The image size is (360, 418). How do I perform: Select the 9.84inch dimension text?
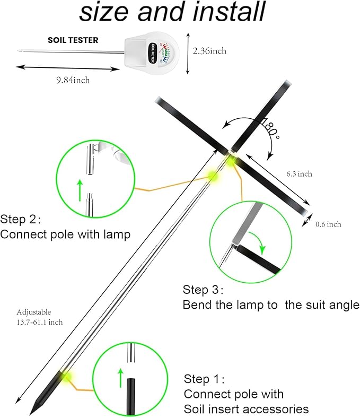(x=73, y=80)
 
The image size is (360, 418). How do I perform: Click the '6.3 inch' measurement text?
(x=299, y=174)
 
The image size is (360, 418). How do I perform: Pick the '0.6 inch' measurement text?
(x=328, y=224)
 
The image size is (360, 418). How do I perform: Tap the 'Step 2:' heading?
(x=21, y=219)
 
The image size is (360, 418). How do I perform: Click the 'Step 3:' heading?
(x=203, y=290)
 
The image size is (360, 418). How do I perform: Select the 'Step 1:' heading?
(x=204, y=379)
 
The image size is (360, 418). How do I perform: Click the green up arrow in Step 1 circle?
(x=120, y=377)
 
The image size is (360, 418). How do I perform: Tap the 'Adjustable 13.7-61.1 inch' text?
(x=40, y=317)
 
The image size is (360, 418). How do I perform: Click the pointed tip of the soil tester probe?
(x=16, y=51)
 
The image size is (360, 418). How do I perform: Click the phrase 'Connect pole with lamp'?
(x=65, y=234)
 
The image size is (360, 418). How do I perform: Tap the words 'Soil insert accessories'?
(x=246, y=409)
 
